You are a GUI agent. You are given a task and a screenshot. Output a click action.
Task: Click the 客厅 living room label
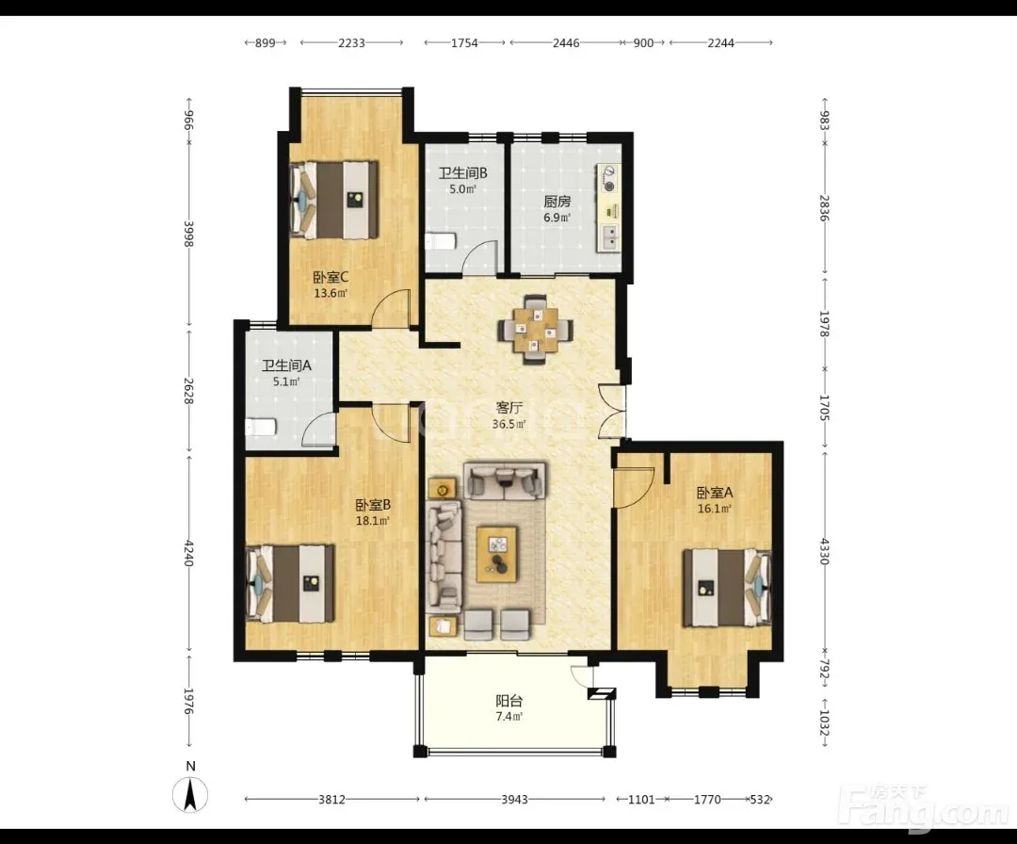click(509, 408)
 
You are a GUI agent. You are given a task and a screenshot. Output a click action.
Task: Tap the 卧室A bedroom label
click(715, 493)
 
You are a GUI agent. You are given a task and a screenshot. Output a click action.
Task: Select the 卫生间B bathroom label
click(462, 173)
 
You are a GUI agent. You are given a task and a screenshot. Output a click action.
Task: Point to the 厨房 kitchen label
click(557, 201)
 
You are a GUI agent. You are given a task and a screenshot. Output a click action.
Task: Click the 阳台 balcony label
click(509, 701)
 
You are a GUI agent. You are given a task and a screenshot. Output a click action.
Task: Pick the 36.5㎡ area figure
click(509, 424)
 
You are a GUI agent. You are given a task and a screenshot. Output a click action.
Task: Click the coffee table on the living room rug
click(497, 554)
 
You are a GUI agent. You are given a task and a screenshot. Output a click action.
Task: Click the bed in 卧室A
click(727, 588)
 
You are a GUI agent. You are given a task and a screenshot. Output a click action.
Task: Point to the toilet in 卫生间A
click(262, 428)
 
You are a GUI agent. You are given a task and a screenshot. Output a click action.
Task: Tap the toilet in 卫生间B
click(441, 242)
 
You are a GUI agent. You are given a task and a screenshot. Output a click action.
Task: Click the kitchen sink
click(609, 238)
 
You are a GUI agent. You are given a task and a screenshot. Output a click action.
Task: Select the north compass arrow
click(190, 795)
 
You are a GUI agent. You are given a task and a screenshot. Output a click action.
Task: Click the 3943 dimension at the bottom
click(514, 799)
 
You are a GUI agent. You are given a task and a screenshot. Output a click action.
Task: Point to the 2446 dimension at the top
click(566, 42)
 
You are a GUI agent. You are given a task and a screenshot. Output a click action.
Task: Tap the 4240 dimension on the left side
click(188, 553)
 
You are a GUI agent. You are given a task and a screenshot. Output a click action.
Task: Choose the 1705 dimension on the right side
click(824, 408)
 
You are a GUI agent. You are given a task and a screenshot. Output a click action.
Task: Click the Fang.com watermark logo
click(924, 807)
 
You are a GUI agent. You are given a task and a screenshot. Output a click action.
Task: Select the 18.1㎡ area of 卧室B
click(372, 520)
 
